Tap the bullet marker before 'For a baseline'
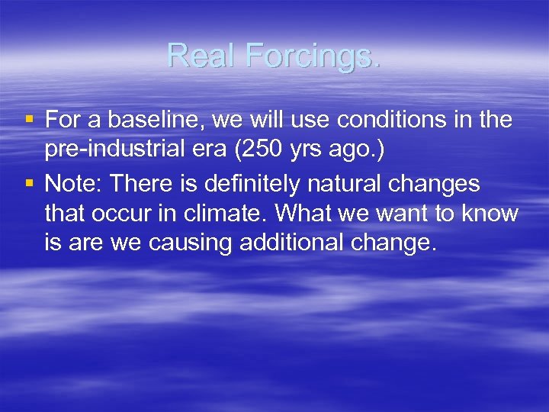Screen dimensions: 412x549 click(x=29, y=120)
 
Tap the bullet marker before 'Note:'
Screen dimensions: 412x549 click(x=29, y=184)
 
